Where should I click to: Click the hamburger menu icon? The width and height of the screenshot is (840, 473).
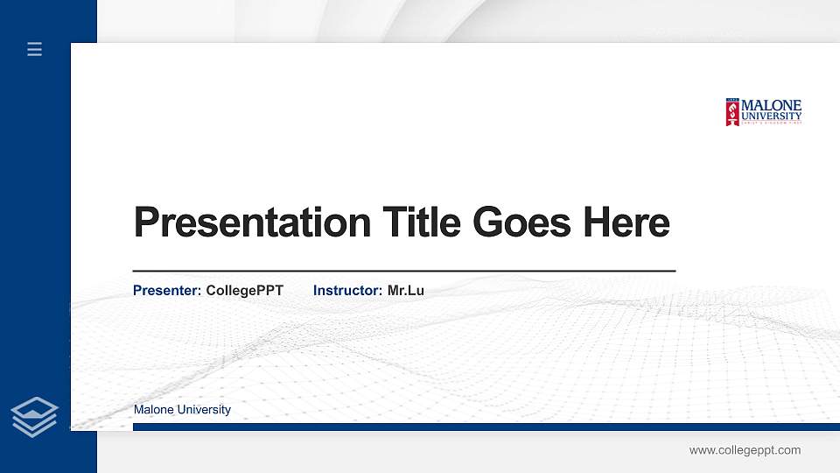35,50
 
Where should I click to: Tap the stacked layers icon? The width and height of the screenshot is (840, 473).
35,416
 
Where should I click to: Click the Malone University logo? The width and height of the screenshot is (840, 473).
763,111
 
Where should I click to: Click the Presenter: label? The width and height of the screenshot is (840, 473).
167,290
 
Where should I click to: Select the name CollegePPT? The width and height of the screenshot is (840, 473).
244,290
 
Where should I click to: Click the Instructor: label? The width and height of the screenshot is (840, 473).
347,290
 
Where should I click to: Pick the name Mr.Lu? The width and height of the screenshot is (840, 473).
405,290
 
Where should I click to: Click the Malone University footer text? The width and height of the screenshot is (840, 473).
182,410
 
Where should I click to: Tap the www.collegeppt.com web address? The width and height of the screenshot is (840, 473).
745,450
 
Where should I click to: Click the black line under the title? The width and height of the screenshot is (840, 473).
403,272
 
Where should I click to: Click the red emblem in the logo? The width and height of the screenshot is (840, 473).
732,112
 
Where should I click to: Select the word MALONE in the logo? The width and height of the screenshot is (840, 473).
771,105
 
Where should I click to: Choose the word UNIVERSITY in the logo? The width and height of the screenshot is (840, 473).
771,116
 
